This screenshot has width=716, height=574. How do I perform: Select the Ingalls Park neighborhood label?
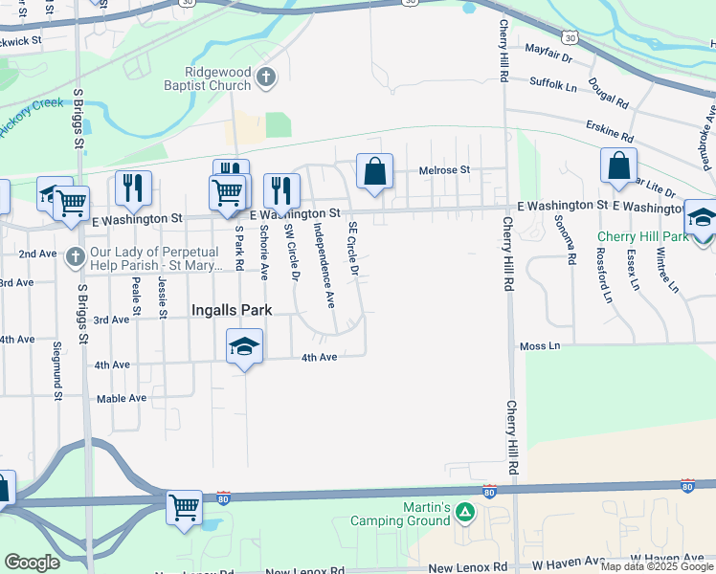click(232, 310)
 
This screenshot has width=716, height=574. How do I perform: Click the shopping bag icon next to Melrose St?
click(375, 172)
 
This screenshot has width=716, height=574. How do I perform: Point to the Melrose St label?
click(444, 170)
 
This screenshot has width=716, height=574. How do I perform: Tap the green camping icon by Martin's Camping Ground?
click(464, 514)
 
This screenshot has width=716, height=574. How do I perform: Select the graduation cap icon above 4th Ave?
click(244, 345)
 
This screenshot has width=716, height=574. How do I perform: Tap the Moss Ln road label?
click(539, 345)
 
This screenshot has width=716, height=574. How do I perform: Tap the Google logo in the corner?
click(32, 563)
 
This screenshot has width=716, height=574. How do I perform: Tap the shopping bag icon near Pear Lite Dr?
click(618, 166)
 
